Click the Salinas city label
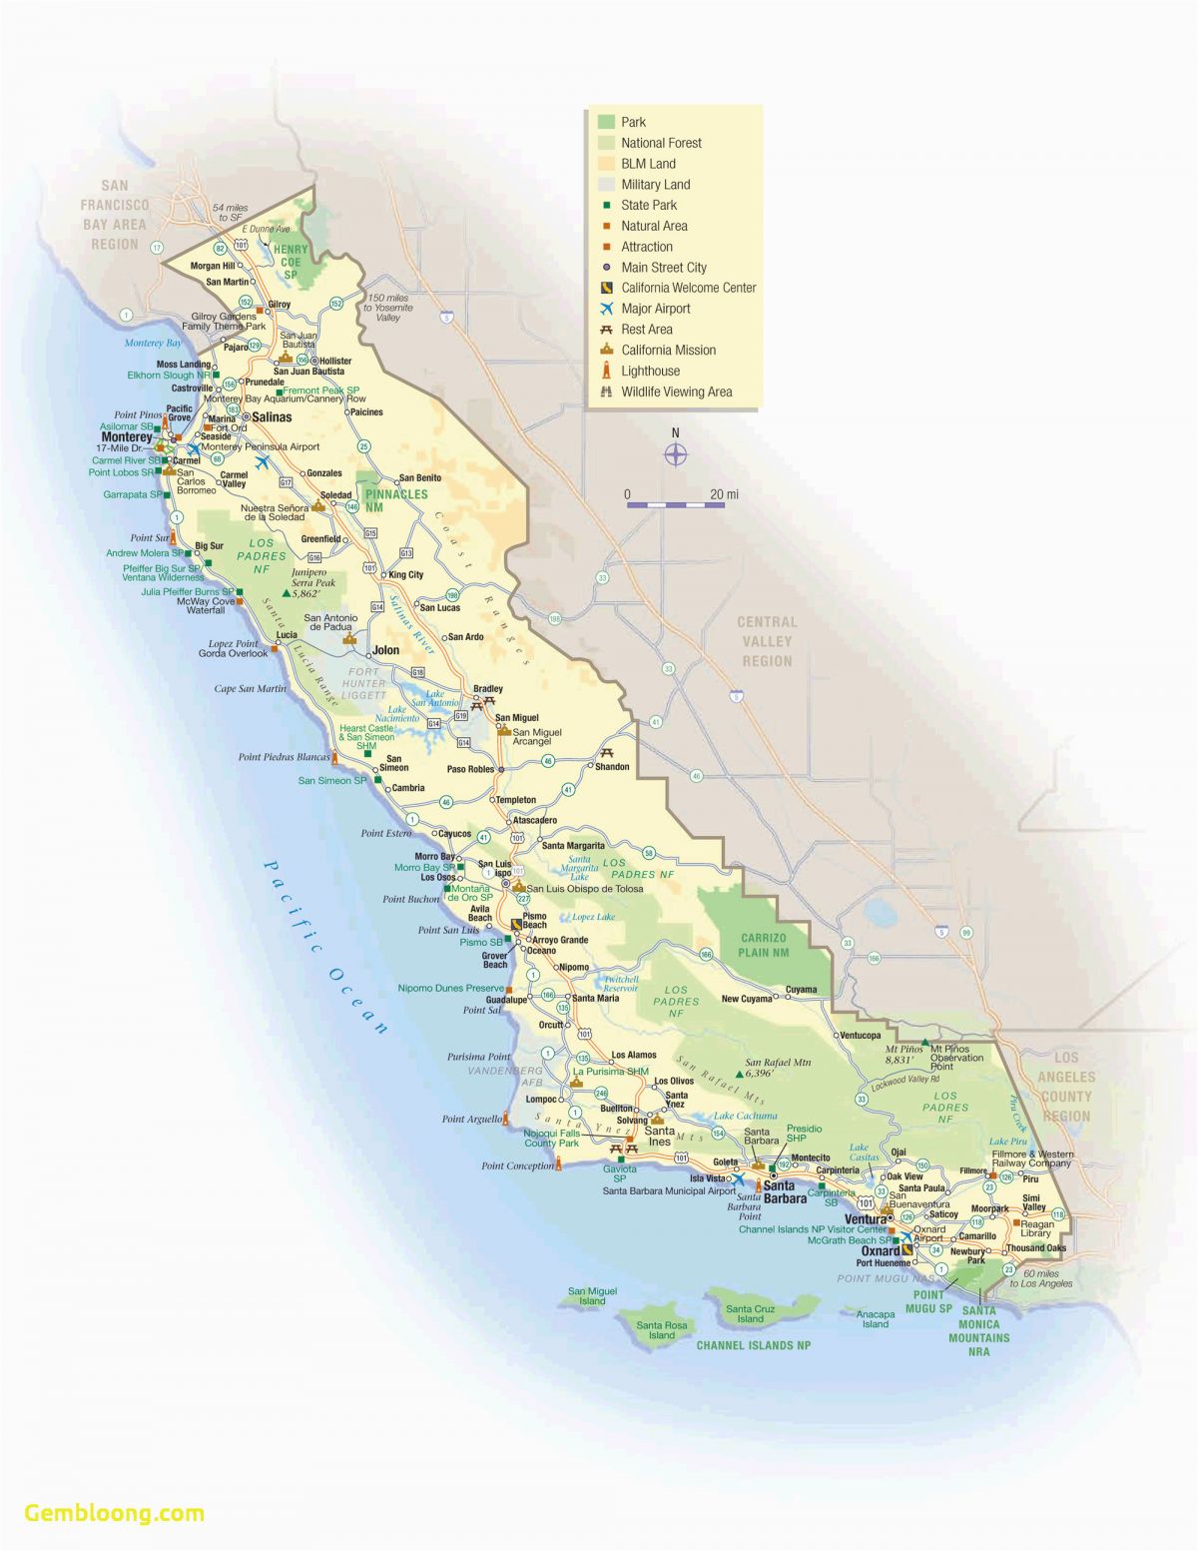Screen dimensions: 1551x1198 pos(272,416)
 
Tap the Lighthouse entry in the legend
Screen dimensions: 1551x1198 pos(650,371)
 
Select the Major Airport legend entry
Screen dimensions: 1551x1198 pos(655,309)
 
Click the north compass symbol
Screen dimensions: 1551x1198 pos(676,454)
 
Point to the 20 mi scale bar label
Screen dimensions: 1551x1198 pos(724,494)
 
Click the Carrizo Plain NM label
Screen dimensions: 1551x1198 pos(765,945)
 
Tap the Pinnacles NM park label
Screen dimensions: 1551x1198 pos(396,500)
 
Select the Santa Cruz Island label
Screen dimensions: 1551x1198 pos(750,1313)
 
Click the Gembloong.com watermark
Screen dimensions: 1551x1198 pos(114,1512)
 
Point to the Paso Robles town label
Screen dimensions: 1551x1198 pos(470,769)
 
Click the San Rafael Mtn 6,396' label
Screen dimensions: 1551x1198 pos(779,1068)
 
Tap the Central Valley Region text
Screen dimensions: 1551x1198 pos(767,641)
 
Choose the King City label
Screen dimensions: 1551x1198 pos(405,574)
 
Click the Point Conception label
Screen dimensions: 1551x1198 pos(517,1165)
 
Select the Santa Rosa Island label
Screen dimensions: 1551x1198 pos(662,1330)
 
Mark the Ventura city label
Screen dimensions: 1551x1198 pos(866,1219)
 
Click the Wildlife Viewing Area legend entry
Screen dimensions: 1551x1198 pos(676,391)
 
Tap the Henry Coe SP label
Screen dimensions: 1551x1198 pos(291,262)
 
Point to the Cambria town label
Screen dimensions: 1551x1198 pos(408,788)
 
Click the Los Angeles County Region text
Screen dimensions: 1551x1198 pos(1066,1087)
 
